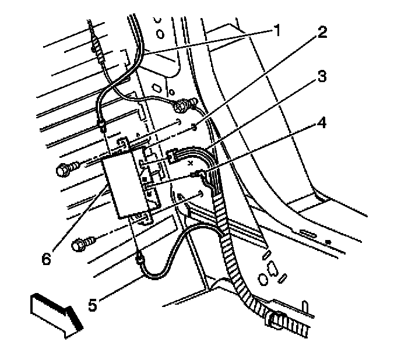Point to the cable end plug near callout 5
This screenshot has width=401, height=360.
pos(140,258)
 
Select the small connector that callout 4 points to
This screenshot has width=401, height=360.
pos(195,173)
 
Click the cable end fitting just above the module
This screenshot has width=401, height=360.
pos(103,123)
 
